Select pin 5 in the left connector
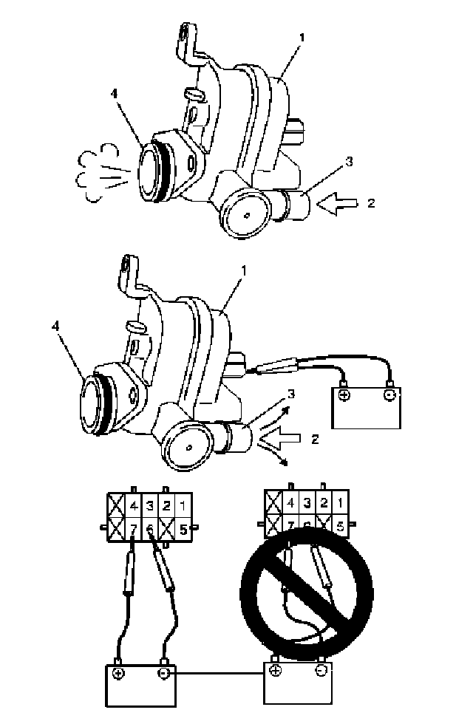pyautogui.click(x=183, y=530)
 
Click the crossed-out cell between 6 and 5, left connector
pyautogui.click(x=167, y=530)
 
